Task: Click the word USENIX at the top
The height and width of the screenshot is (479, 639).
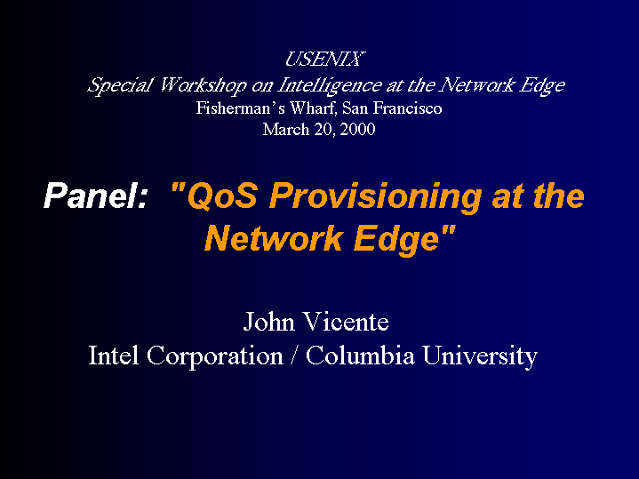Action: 324,60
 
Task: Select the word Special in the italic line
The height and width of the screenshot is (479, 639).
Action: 120,85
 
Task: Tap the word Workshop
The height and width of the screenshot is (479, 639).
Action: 203,85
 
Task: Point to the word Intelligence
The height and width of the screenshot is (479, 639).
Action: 330,85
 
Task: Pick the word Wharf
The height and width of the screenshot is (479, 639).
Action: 314,108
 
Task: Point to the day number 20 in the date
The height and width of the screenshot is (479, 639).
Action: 324,130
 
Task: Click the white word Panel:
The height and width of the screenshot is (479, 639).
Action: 95,196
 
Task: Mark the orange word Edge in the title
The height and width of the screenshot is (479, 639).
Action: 397,240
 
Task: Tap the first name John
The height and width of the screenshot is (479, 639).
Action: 269,322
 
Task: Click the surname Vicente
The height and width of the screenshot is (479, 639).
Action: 347,322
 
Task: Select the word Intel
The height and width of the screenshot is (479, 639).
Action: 113,355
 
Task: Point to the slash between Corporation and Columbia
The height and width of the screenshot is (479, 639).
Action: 294,355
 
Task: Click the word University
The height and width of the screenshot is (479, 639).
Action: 480,356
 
